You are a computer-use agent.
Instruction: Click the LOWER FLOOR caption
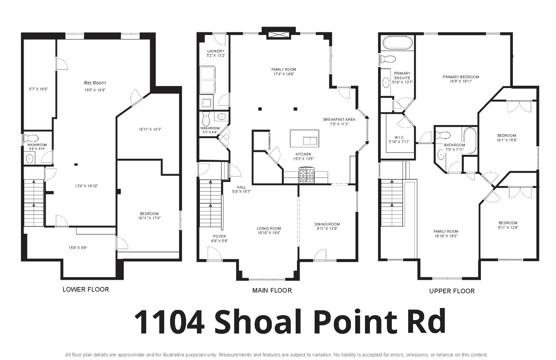click(86, 289)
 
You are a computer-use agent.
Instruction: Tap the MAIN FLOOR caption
click(272, 290)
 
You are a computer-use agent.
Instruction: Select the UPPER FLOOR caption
click(452, 291)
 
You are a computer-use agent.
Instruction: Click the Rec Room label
click(95, 83)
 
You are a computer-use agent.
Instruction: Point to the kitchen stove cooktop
click(306, 175)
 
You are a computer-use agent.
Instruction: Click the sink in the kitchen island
click(310, 141)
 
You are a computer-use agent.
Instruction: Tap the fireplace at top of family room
click(279, 35)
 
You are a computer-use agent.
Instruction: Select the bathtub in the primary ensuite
click(398, 43)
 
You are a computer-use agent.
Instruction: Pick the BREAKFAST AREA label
click(339, 119)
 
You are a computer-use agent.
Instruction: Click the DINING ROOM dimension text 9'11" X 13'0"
click(327, 228)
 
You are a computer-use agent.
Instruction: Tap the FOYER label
click(220, 236)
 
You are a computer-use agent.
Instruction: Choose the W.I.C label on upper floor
click(399, 137)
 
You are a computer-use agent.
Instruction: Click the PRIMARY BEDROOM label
click(461, 77)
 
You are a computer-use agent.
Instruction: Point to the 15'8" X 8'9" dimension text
click(78, 248)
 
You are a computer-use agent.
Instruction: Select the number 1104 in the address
click(169, 322)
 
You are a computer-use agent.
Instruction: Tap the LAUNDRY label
click(216, 51)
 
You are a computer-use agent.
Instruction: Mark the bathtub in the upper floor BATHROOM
click(470, 141)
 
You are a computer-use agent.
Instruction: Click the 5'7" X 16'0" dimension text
click(38, 89)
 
